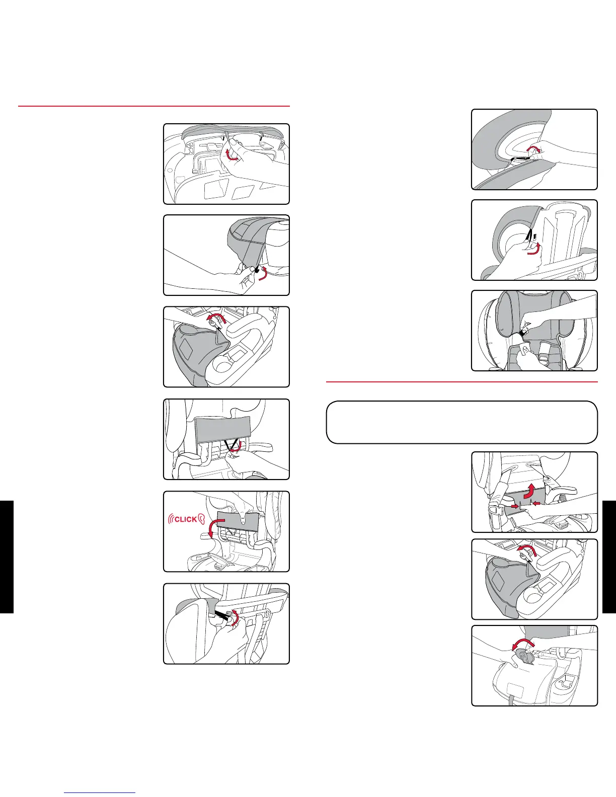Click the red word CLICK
pos(186,519)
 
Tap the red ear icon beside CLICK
pos(201,519)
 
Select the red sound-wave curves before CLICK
pos(171,519)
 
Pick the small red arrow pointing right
pos(515,507)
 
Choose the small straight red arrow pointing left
pos(536,503)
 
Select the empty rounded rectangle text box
pos(461,422)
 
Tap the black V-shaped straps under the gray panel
pos(231,445)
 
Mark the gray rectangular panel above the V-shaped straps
pos(223,429)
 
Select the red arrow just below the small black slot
pos(534,250)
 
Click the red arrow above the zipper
pos(534,148)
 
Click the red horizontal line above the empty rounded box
pos(462,382)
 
